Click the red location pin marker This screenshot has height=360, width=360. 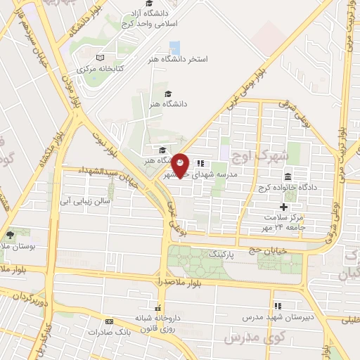[x=181, y=165]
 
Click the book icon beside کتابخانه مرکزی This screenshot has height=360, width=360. [x=100, y=57]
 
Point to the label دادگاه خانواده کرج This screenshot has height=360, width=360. [x=289, y=188]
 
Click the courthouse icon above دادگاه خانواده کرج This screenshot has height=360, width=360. [x=288, y=176]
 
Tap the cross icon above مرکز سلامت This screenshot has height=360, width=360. [x=283, y=207]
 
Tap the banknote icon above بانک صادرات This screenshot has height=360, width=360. [x=109, y=322]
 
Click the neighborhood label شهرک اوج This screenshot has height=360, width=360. [x=269, y=154]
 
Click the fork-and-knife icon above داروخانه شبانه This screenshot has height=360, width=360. [x=158, y=308]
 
